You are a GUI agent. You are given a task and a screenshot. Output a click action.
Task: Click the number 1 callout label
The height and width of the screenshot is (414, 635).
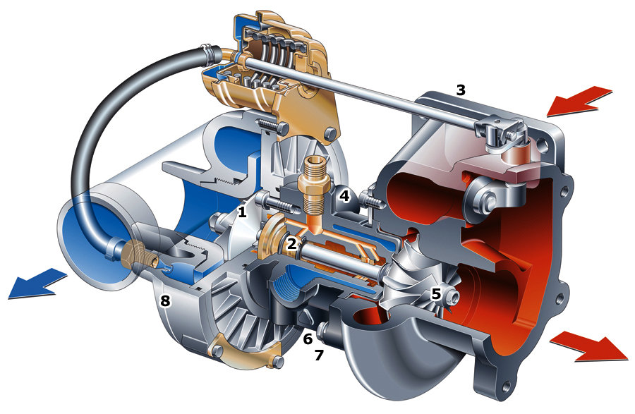(242, 212)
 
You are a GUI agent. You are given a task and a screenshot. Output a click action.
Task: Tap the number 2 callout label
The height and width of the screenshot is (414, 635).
(292, 243)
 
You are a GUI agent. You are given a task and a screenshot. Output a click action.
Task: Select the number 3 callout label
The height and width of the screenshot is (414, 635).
(461, 90)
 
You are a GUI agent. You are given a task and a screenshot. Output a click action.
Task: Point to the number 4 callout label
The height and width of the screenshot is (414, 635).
(344, 196)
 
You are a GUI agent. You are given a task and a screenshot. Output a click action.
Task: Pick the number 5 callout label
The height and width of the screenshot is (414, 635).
(436, 294)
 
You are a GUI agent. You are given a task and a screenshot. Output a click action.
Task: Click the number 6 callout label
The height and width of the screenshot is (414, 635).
(308, 339)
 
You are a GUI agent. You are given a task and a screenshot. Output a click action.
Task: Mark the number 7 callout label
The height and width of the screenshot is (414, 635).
(319, 355)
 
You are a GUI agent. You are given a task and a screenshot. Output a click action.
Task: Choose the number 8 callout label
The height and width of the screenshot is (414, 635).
(165, 300)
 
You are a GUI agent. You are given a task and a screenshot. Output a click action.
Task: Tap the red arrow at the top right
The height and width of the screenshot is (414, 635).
(579, 101)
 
